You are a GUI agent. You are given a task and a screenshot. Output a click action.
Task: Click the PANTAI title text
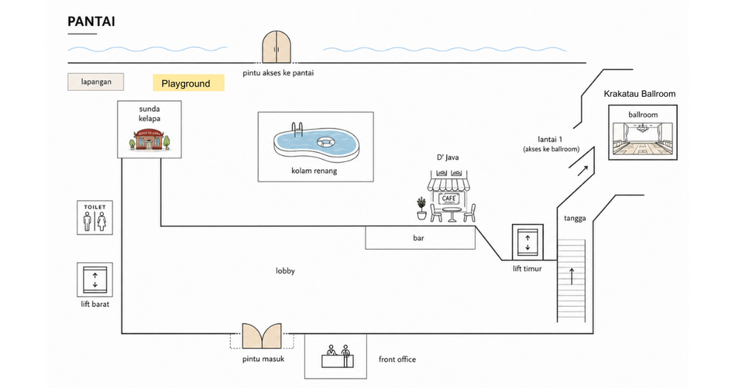pos(91,21)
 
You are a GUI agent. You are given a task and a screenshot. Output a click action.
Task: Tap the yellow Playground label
pos(188,83)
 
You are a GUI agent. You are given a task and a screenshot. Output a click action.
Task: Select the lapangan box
pos(95,81)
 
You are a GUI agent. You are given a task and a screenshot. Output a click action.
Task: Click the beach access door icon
pos(277,47)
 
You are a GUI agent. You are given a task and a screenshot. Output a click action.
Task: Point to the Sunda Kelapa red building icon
pos(149,139)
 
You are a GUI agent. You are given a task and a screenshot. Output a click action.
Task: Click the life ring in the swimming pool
pos(325,141)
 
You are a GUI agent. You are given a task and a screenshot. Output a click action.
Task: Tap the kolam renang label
pos(314,171)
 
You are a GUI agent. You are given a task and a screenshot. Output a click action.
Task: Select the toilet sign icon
pos(95,217)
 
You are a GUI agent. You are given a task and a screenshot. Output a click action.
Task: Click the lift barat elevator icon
pos(95,279)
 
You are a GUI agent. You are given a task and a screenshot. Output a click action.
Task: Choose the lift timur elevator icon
pos(528,242)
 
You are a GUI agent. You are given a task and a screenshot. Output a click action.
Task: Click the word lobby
pos(285,270)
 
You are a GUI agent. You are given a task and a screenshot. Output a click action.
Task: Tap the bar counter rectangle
pos(420,238)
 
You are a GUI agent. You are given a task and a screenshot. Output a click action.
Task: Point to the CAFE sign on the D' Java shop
pos(448,199)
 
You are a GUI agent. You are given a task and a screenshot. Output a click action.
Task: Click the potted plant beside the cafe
pos(422,208)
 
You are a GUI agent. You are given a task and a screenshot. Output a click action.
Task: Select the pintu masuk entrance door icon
pos(262,336)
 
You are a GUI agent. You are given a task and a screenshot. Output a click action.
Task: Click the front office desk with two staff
pos(338,356)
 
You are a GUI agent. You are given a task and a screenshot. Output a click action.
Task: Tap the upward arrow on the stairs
pos(571,276)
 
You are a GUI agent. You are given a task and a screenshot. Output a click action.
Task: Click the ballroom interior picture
pos(643,139)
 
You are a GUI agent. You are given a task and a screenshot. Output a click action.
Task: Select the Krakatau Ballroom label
pos(639,94)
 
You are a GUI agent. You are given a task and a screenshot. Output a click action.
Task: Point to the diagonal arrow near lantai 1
pos(583,171)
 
